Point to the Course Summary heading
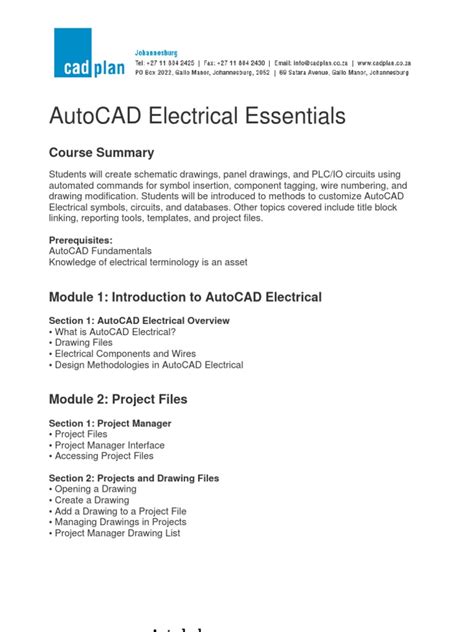coord(101,153)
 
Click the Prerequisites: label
coord(88,240)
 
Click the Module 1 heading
coord(185,297)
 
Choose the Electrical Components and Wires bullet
coord(125,354)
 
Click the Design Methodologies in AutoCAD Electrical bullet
coord(148,365)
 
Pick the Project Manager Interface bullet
coord(109,445)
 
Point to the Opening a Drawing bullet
coord(98,490)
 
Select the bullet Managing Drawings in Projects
coord(122,523)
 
